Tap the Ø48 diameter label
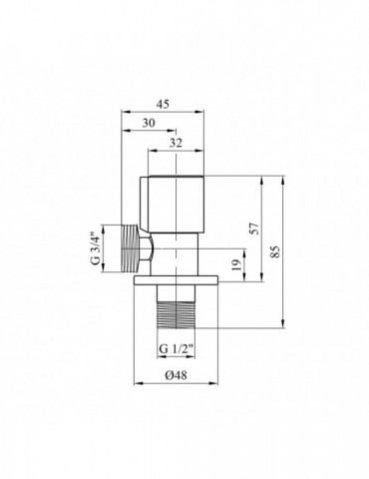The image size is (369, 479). pyautogui.click(x=174, y=377)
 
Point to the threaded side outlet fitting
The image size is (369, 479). pyautogui.click(x=130, y=250)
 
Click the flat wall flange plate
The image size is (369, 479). pyautogui.click(x=176, y=281)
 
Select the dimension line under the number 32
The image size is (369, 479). pyautogui.click(x=178, y=151)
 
